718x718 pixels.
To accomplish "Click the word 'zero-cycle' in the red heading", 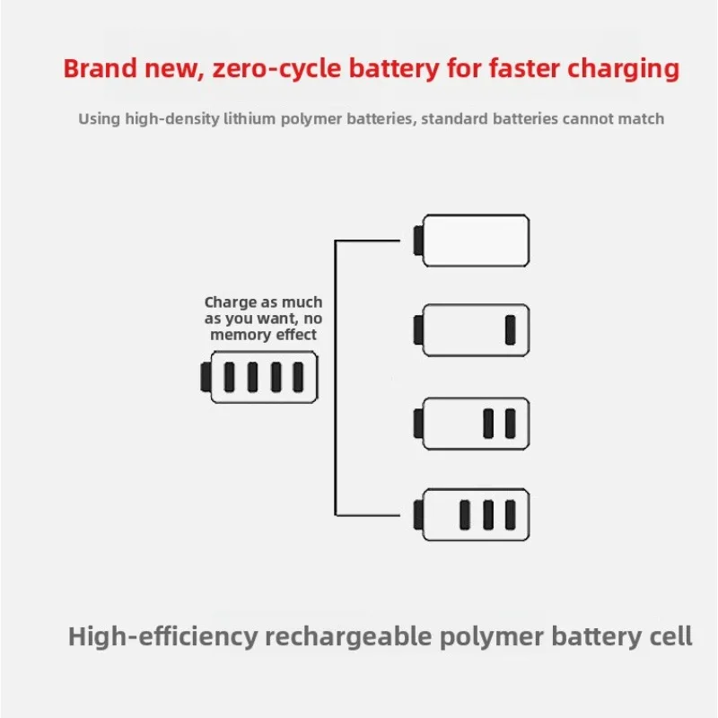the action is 276,70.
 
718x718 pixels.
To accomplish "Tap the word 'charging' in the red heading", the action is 623,70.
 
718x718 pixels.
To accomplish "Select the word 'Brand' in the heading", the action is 101,68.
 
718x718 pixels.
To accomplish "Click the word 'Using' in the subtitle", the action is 99,119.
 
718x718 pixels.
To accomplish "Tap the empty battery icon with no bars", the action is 471,241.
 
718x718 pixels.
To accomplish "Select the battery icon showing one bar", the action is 471,330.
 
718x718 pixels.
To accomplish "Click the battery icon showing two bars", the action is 471,424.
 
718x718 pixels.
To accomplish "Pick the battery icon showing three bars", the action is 471,514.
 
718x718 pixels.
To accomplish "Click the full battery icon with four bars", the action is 259,377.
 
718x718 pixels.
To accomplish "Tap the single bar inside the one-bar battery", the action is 510,330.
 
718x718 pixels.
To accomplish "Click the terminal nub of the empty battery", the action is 418,241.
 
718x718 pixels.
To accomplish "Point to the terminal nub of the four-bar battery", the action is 206,377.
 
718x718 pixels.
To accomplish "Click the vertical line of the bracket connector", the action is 336,378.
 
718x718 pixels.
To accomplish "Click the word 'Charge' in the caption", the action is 231,302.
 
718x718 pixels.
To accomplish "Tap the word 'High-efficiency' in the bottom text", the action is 163,637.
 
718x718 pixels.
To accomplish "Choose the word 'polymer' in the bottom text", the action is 491,637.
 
